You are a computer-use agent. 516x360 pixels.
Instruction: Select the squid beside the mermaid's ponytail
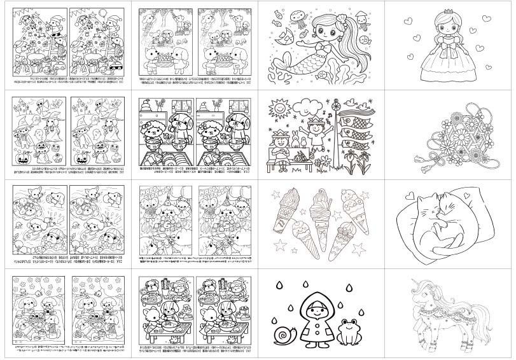coord(363,18)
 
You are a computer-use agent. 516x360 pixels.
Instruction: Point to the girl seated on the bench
coord(278,149)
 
